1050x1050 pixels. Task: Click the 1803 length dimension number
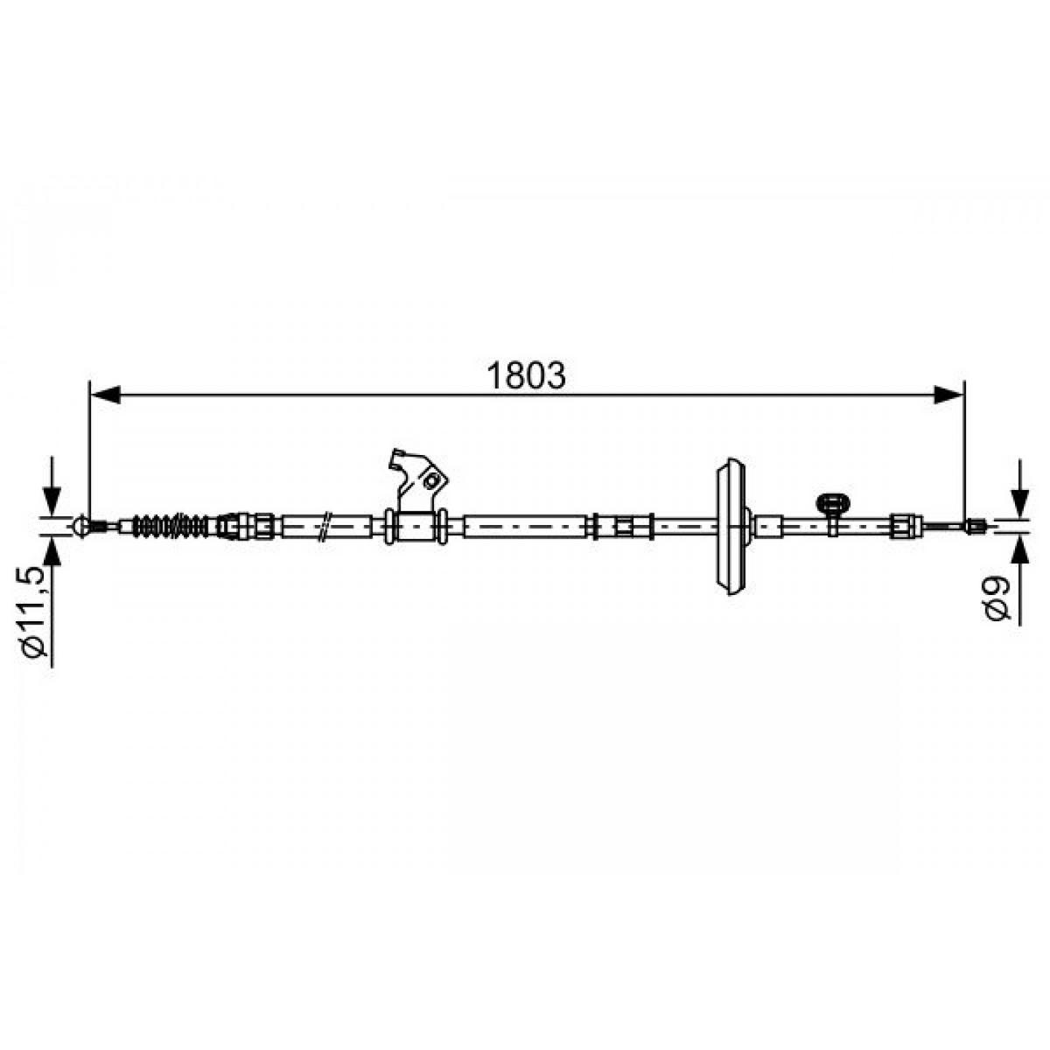click(527, 375)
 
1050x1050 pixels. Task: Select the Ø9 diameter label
click(998, 598)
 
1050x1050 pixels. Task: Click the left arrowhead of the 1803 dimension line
click(104, 395)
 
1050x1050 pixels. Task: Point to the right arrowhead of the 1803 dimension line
click(948, 395)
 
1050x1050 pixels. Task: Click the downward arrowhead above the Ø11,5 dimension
click(52, 500)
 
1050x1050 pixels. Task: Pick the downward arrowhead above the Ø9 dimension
click(1019, 502)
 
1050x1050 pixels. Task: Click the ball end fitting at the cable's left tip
click(81, 526)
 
